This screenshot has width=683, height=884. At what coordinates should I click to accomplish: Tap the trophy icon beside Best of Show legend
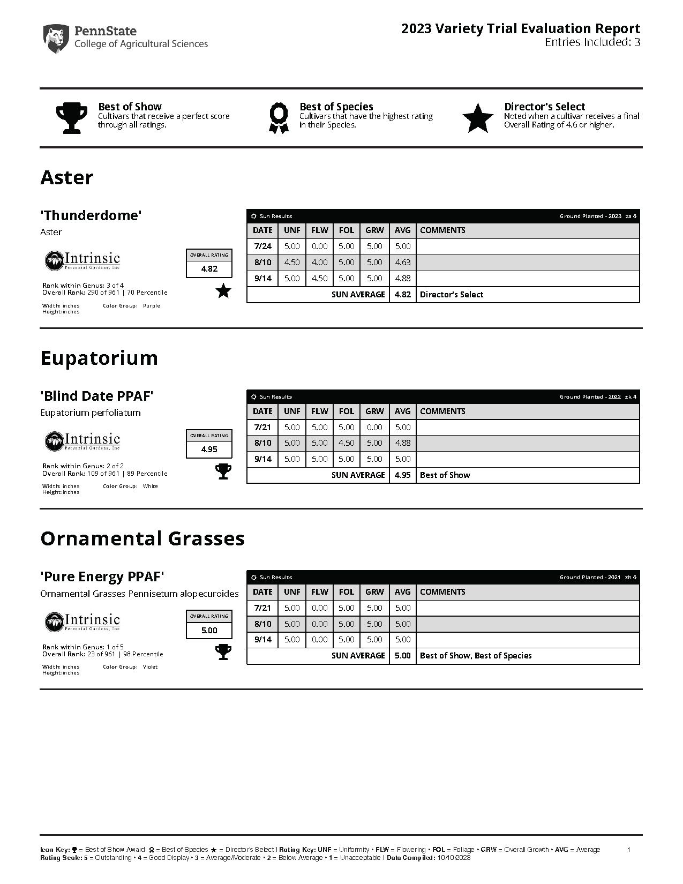tap(71, 118)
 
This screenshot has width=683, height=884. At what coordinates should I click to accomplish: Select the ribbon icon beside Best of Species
tap(279, 118)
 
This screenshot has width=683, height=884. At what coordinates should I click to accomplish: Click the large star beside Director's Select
tap(478, 118)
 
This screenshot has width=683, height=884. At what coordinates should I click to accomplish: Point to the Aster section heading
tap(67, 177)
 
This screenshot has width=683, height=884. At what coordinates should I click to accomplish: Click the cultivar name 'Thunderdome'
tap(91, 215)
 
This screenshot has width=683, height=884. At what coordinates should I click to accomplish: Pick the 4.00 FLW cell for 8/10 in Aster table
tap(320, 263)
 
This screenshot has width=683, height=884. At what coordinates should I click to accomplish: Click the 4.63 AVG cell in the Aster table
tap(402, 263)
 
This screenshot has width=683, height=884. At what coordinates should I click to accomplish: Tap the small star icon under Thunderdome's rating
tap(223, 291)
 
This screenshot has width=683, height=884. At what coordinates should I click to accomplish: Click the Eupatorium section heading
tap(99, 358)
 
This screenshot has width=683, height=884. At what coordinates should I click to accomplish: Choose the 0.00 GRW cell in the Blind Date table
tap(374, 428)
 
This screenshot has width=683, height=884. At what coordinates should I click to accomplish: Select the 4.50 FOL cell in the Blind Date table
tap(347, 443)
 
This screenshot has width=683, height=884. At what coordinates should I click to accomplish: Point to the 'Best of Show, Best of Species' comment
tap(476, 656)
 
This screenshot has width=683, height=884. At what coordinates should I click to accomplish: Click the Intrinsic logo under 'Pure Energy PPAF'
tap(82, 621)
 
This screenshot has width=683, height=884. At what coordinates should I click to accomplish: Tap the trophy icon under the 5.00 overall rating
tap(223, 652)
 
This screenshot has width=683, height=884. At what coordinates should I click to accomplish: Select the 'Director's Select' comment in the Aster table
tap(452, 295)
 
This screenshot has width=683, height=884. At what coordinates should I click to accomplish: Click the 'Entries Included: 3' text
tap(592, 43)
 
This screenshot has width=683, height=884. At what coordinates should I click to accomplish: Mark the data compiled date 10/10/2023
tap(454, 858)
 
